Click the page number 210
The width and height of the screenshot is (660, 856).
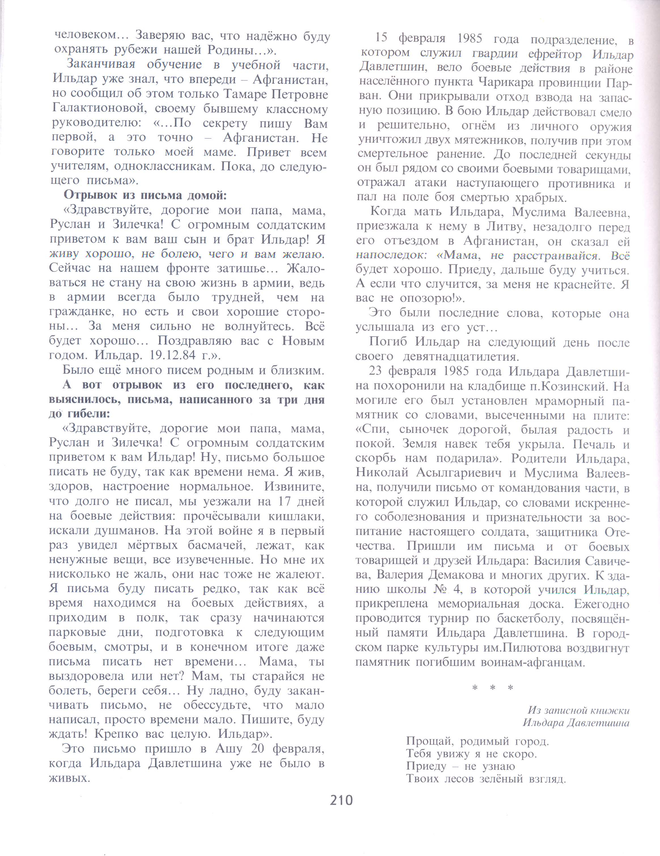pyautogui.click(x=341, y=800)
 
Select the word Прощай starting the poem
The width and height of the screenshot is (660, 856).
pyautogui.click(x=430, y=742)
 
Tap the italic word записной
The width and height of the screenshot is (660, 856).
pyautogui.click(x=571, y=710)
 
